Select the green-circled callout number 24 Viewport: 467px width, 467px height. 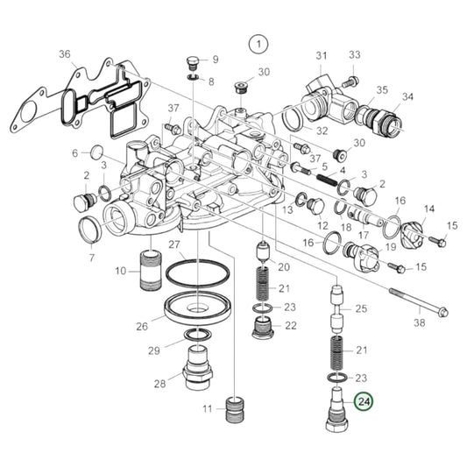(362, 403)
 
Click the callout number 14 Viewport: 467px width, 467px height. (429, 209)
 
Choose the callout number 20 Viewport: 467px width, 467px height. (283, 265)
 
